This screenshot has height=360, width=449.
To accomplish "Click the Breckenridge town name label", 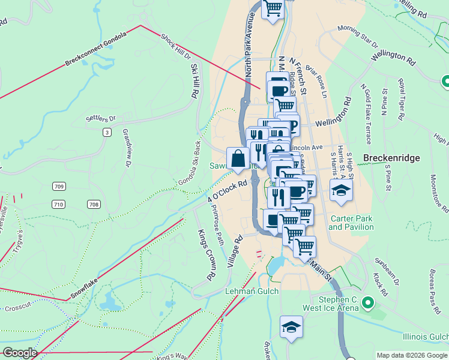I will tap(392, 158).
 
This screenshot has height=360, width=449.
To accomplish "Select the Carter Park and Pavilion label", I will tap(351, 223).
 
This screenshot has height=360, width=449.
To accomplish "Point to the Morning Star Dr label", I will tap(358, 36).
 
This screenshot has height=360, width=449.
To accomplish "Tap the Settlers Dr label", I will tap(100, 118).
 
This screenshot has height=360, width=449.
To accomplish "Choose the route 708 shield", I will tap(93, 205).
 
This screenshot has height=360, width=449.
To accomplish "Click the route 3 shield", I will tap(107, 132).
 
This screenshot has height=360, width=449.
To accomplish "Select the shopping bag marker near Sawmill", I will tap(238, 159).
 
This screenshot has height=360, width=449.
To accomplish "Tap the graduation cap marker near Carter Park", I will tap(341, 191).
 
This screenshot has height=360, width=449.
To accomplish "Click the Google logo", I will tap(19, 353).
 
